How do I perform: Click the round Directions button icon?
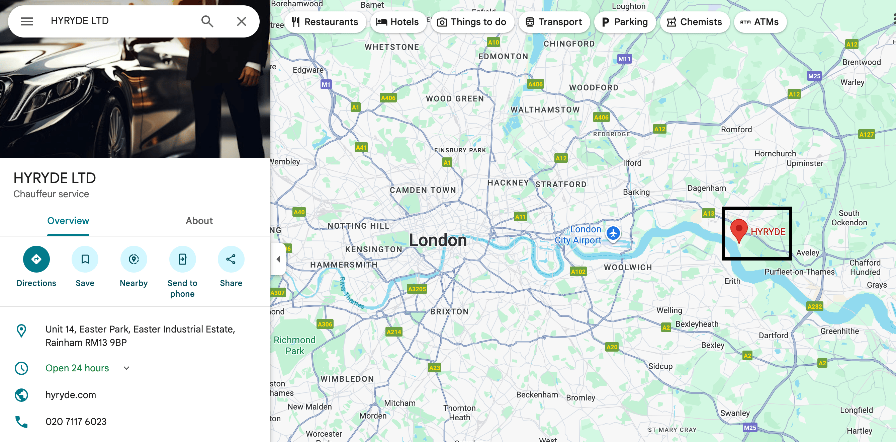[36, 259]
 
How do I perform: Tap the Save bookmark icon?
[85, 259]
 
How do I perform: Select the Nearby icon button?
[133, 259]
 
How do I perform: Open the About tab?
[199, 221]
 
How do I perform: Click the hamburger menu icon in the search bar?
[27, 21]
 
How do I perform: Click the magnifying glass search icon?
[207, 21]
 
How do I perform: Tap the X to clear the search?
[241, 21]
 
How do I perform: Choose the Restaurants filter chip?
[325, 22]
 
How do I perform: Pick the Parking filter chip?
[625, 22]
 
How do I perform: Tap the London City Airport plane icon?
[613, 233]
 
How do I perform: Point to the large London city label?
[438, 240]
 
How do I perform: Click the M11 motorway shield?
[624, 59]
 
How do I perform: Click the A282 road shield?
[815, 306]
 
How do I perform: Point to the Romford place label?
[736, 130]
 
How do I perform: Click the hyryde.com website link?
[71, 395]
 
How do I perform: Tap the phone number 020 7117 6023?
[76, 422]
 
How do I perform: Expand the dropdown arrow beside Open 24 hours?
[126, 368]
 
